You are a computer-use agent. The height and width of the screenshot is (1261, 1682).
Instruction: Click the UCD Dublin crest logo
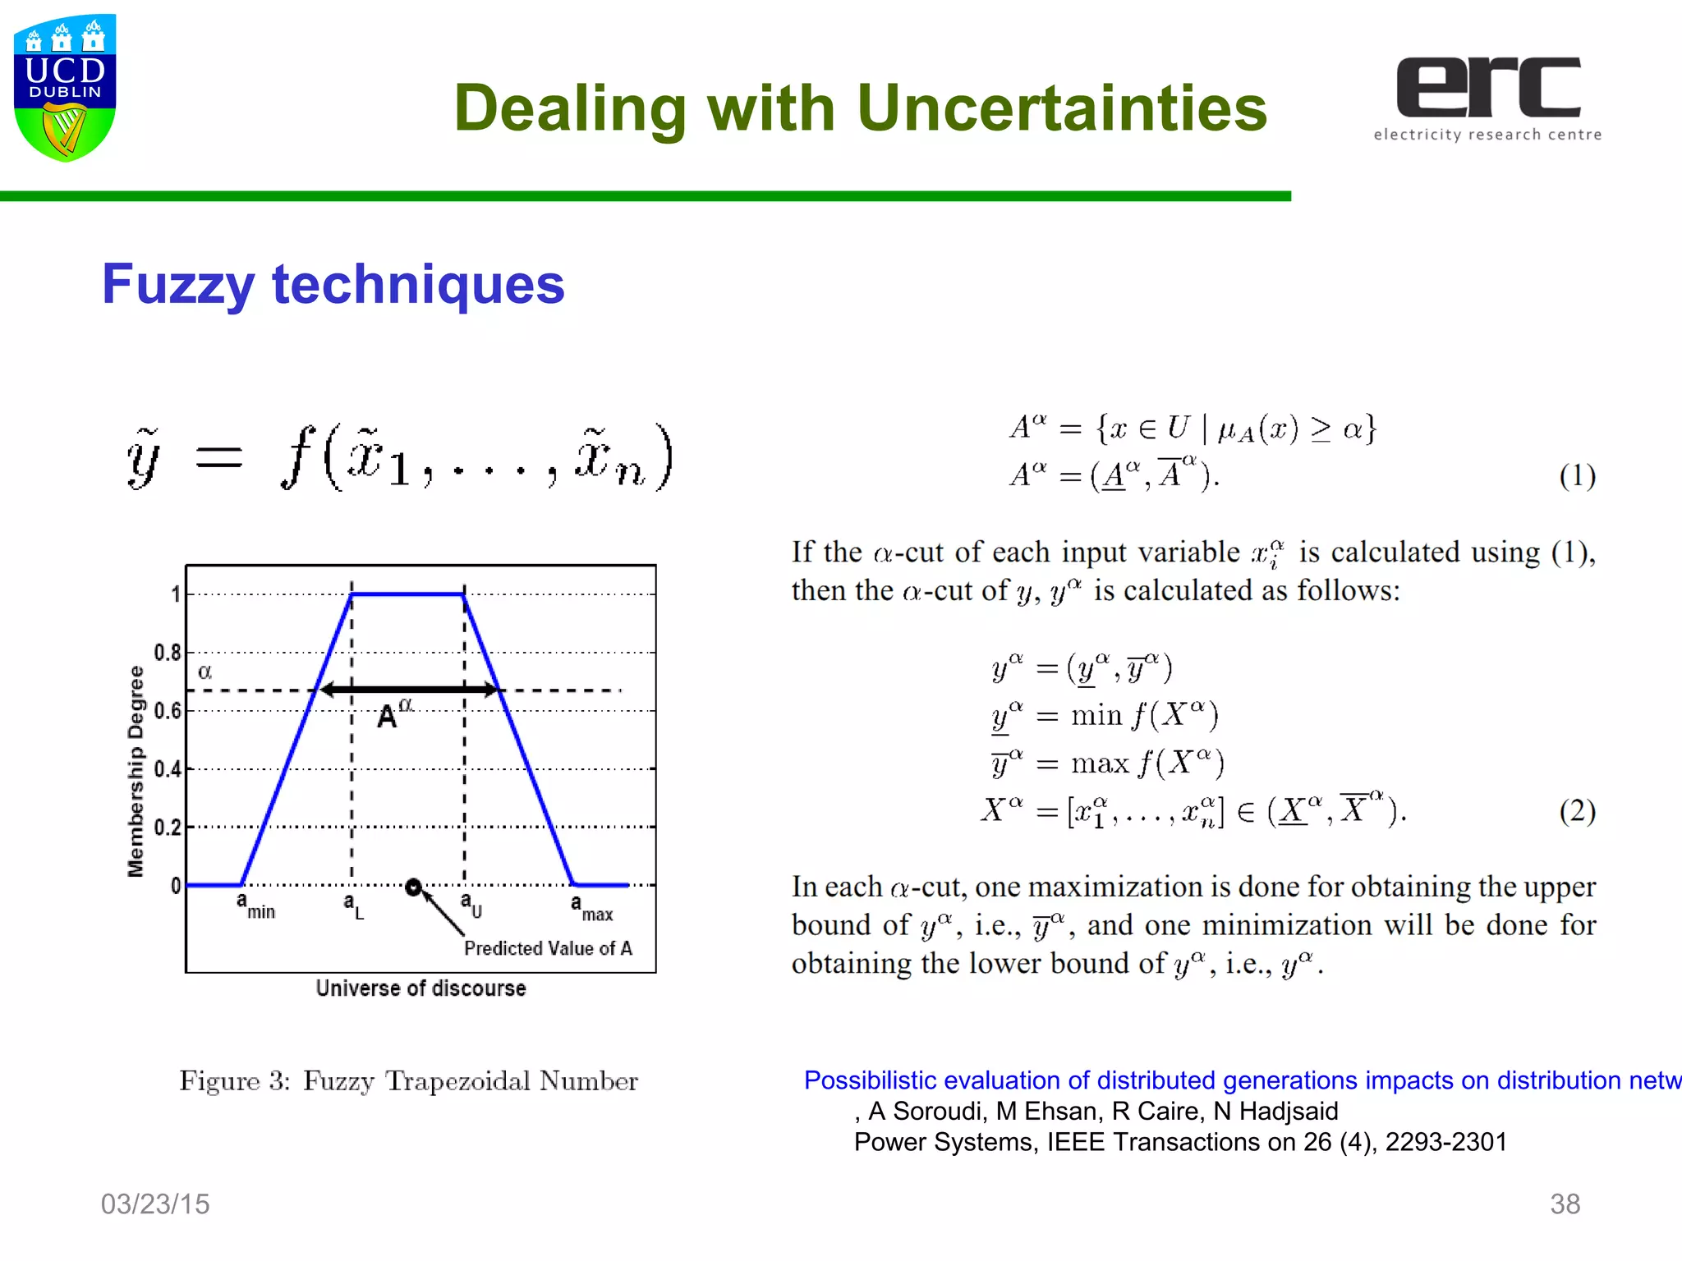coord(65,87)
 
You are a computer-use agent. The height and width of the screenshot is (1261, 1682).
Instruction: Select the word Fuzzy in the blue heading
coord(177,284)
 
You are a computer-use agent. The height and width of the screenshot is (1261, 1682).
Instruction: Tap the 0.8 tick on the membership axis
coord(168,653)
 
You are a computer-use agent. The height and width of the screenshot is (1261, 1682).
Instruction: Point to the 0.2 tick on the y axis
coord(168,827)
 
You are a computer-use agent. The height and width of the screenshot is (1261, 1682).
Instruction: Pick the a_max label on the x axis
coord(591,908)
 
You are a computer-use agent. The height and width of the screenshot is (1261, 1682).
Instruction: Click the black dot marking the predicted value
coord(414,887)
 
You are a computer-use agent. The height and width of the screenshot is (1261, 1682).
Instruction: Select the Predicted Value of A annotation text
coord(548,948)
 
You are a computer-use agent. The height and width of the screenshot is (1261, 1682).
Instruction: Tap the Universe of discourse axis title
coord(420,988)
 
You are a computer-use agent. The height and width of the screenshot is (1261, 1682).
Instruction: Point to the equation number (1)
coord(1577,475)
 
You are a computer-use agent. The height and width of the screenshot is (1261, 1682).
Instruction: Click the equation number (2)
coord(1577,810)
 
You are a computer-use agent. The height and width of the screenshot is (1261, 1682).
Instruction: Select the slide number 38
coord(1565,1204)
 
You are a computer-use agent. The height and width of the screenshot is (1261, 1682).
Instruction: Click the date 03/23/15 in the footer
coord(155,1204)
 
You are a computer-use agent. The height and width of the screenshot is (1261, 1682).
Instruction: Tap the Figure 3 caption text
coord(408,1081)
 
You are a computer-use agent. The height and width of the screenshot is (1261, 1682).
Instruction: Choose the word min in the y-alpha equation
coord(1096,715)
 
